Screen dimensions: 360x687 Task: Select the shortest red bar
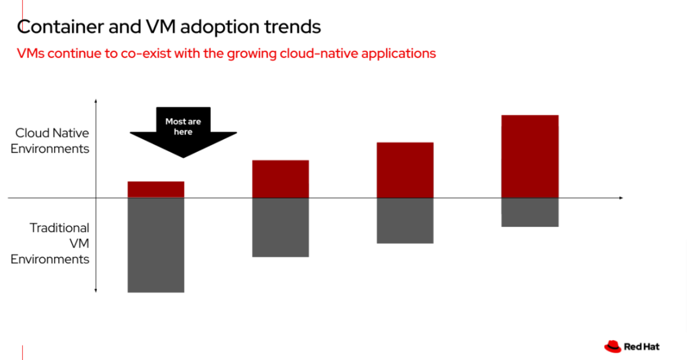tap(156, 189)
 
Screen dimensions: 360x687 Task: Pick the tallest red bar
tap(530, 156)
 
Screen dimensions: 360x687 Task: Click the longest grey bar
tap(156, 245)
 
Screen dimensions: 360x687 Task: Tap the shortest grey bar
tap(530, 212)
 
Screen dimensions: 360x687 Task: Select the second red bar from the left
tap(281, 179)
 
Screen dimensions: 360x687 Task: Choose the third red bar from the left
tap(405, 170)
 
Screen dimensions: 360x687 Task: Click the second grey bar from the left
tap(281, 227)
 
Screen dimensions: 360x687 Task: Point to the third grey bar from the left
tap(405, 221)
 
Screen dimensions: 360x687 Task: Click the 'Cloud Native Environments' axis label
tap(50, 140)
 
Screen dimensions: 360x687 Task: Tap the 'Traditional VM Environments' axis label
tap(50, 243)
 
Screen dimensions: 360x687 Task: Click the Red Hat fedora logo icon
tap(613, 346)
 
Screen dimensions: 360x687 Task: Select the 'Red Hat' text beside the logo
tap(642, 346)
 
